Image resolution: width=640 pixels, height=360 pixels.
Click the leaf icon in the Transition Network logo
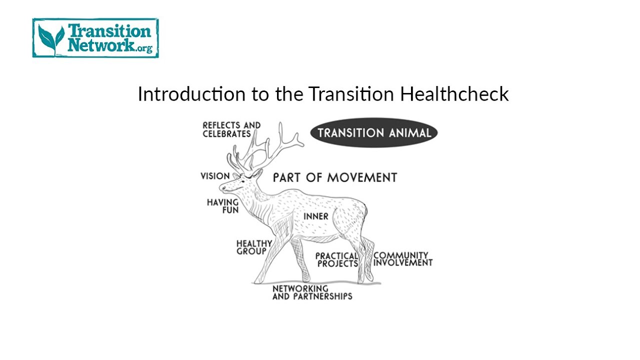(x=51, y=39)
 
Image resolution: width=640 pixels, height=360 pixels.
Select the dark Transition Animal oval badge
(x=374, y=133)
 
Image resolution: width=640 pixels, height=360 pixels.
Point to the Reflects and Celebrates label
(x=231, y=129)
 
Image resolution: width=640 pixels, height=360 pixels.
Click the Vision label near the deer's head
(x=215, y=176)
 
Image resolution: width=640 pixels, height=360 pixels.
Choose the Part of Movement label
(x=334, y=177)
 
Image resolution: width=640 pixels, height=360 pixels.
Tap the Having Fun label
(x=223, y=206)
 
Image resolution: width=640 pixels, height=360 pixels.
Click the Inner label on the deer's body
(x=316, y=216)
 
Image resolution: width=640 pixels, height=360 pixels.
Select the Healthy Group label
(x=254, y=247)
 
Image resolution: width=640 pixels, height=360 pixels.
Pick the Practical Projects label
(x=336, y=259)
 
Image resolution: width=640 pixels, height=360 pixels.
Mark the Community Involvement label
(x=403, y=258)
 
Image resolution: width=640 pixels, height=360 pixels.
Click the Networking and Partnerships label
(x=312, y=292)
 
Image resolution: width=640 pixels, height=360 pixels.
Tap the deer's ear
(x=257, y=173)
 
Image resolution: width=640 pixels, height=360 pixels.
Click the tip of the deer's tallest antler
(x=281, y=123)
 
